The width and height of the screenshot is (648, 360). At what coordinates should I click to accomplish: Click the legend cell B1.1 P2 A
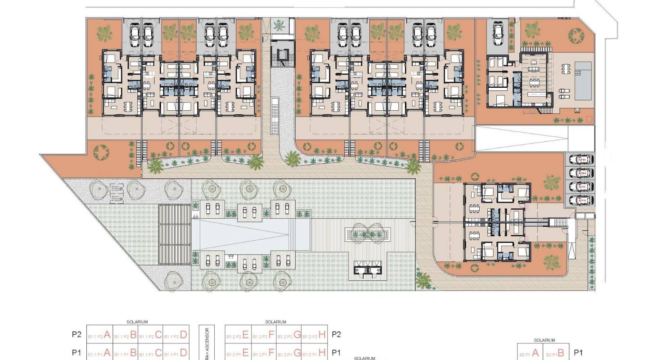(99, 335)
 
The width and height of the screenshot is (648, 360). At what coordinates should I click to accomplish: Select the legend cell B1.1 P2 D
(175, 335)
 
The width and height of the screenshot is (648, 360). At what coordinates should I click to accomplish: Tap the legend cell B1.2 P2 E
(237, 335)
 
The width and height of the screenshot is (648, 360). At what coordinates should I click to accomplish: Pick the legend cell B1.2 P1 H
(314, 352)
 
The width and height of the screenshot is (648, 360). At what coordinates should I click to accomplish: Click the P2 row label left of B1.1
(76, 335)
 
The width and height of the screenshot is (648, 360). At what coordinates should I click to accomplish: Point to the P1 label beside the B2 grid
(579, 353)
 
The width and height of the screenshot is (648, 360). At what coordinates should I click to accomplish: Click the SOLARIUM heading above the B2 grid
(544, 340)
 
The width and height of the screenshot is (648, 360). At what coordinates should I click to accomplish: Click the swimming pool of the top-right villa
(584, 81)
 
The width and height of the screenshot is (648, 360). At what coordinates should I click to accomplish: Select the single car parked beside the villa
(498, 32)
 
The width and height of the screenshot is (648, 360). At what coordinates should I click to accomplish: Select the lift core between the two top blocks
(283, 56)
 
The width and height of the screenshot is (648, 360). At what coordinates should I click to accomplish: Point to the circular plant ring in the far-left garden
(101, 152)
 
